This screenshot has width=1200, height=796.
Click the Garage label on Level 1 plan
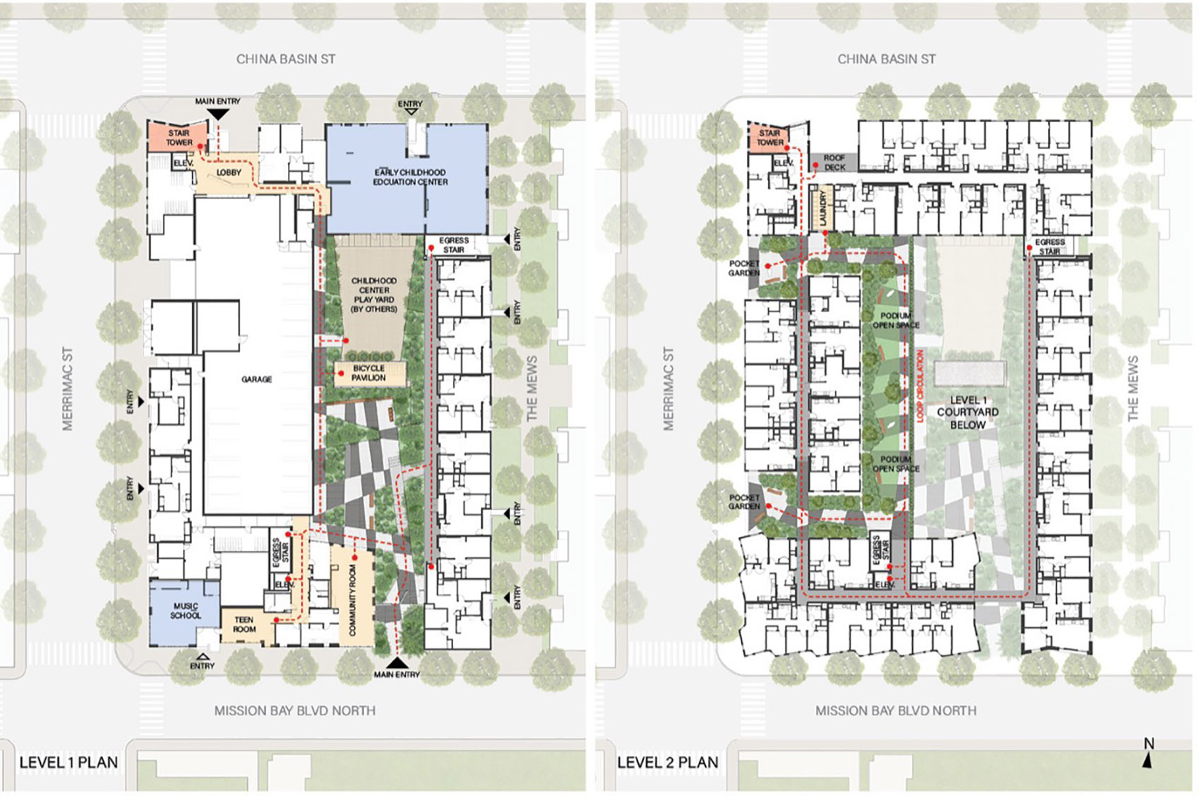point(256,379)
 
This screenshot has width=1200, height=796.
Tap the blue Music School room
point(184,611)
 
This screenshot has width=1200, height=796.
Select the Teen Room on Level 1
point(244,624)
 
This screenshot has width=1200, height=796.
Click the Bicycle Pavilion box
point(369,373)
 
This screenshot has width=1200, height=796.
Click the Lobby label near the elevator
point(228,172)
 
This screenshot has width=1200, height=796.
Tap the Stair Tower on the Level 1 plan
point(179,137)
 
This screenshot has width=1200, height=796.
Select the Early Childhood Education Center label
point(410,177)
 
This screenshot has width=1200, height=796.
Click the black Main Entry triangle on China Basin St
point(218,113)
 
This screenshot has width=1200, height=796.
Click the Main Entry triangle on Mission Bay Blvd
point(397,663)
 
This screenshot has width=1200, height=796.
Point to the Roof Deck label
point(834,162)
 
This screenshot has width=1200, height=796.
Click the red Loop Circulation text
point(920,386)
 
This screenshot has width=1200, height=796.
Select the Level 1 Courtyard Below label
point(967,412)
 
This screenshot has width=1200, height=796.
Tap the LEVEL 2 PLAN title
point(668,762)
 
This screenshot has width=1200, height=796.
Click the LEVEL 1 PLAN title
point(68,762)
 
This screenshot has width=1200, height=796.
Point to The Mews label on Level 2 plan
point(1133,388)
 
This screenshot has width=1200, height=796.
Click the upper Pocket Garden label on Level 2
point(744,268)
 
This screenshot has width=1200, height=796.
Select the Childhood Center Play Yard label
point(374,295)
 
